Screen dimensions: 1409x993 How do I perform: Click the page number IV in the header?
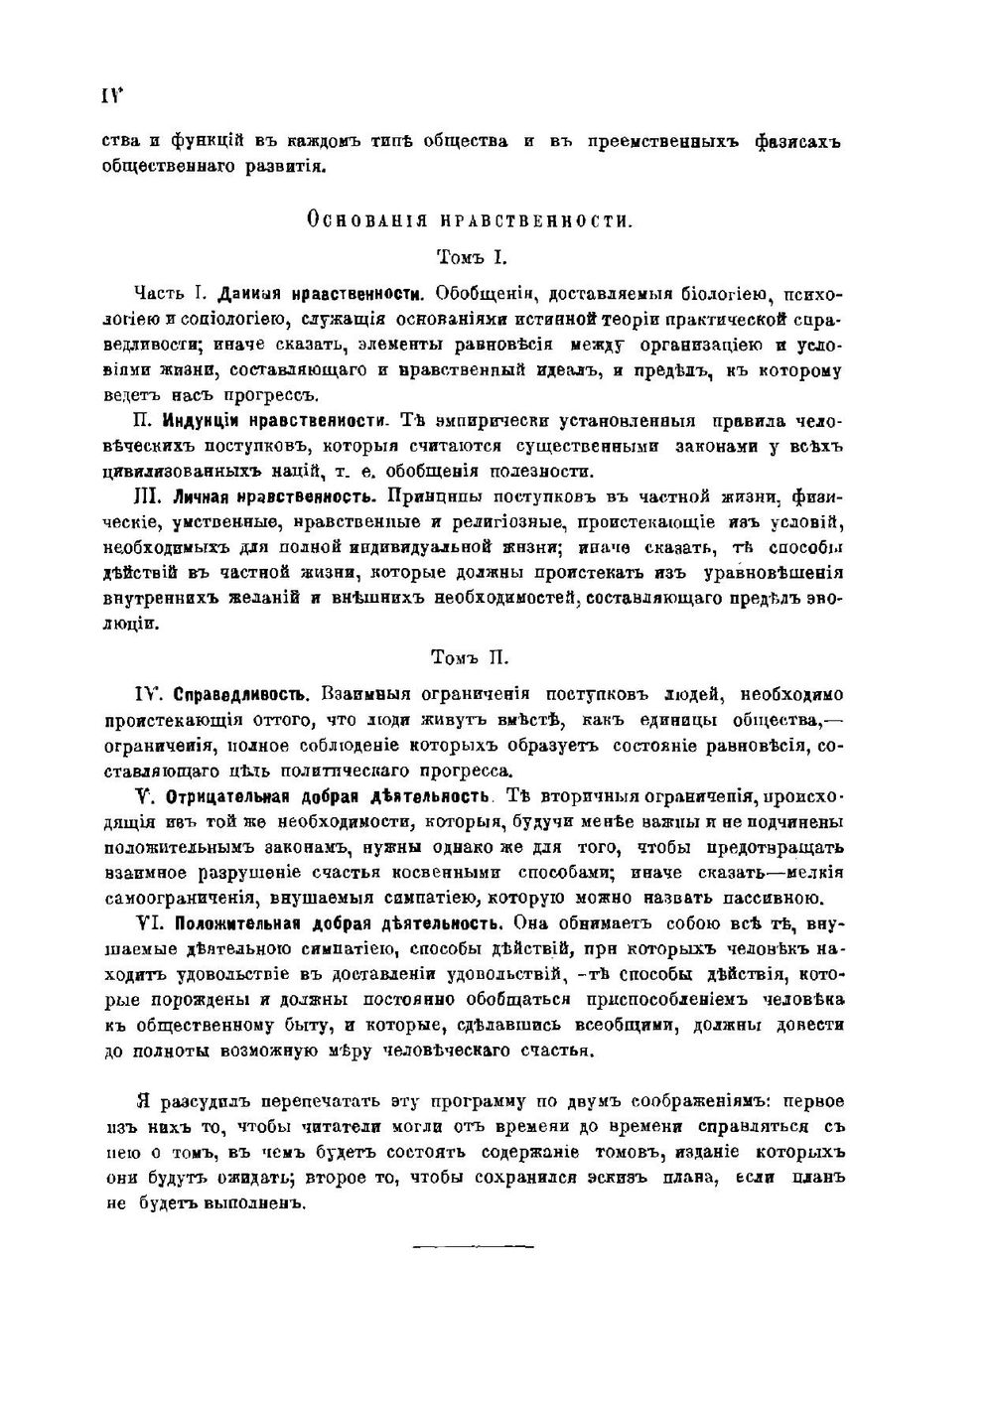[109, 95]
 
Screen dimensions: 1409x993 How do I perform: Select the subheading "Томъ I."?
[472, 257]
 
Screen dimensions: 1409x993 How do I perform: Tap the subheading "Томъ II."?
[471, 657]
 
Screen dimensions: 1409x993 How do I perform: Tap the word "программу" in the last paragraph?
[471, 1102]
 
